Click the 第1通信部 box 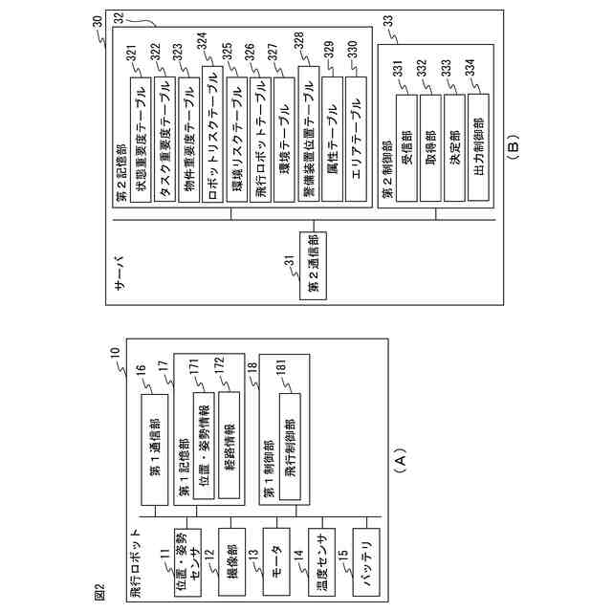tap(155, 450)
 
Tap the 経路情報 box tap(229, 445)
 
